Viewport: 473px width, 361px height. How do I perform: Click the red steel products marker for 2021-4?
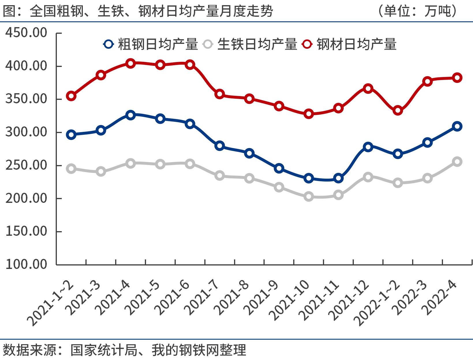130,63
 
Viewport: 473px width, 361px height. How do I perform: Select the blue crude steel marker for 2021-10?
309,178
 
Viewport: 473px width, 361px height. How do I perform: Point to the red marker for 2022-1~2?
398,111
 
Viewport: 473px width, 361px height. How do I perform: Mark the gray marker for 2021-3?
101,172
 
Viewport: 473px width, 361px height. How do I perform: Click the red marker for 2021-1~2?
71,96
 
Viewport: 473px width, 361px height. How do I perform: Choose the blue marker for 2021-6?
190,124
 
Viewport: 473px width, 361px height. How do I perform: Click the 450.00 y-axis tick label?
26,33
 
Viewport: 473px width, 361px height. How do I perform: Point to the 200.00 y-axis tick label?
26,198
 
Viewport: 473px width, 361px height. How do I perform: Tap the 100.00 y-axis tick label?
26,264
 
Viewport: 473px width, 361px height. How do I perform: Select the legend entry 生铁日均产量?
250,44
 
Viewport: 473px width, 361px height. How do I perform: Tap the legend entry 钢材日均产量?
349,44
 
